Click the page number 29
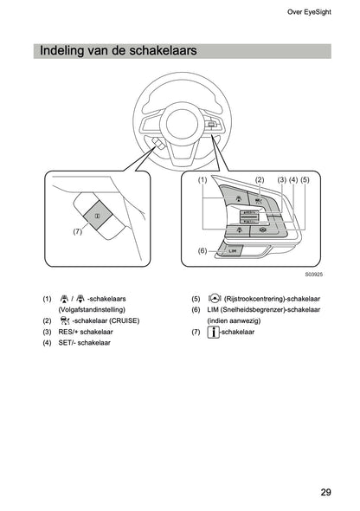pos(325,492)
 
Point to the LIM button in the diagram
pos(231,251)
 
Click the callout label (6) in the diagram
pos(202,250)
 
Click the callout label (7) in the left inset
pos(78,232)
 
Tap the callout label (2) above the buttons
pos(259,179)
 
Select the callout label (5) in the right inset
pos(304,179)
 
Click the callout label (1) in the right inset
pos(202,179)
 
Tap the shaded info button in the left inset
pos(97,213)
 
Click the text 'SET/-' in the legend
pos(68,343)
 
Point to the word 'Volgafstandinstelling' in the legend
pos(92,309)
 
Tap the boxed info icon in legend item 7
pos(213,332)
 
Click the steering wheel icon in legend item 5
pos(214,297)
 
